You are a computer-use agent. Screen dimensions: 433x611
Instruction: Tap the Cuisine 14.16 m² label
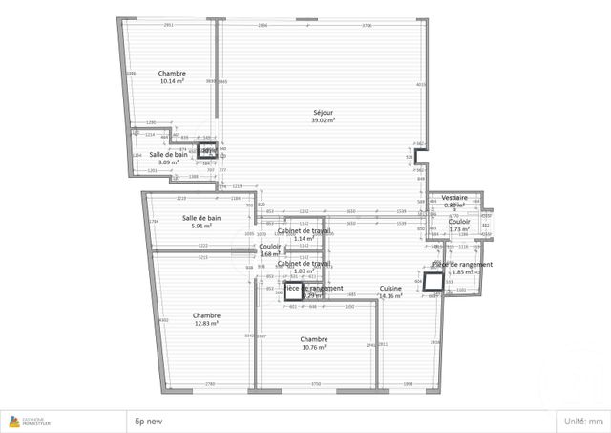390,292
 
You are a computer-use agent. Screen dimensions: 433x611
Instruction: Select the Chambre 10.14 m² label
172,77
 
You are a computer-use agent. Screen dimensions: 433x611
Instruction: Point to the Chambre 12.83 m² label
206,319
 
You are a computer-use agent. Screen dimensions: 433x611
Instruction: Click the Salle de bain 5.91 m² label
200,222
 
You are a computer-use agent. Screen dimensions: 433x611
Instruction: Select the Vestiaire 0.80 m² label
453,201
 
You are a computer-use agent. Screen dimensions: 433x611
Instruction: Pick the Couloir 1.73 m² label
459,225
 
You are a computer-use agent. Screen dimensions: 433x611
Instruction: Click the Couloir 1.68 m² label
270,249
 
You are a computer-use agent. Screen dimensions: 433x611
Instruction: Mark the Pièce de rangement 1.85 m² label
463,268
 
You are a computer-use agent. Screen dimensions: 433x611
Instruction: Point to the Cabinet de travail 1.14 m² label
304,234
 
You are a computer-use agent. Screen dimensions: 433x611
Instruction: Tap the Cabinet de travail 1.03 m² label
304,267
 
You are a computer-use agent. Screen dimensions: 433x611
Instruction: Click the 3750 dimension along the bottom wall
316,384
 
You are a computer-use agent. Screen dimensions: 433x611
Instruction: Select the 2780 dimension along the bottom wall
209,384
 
